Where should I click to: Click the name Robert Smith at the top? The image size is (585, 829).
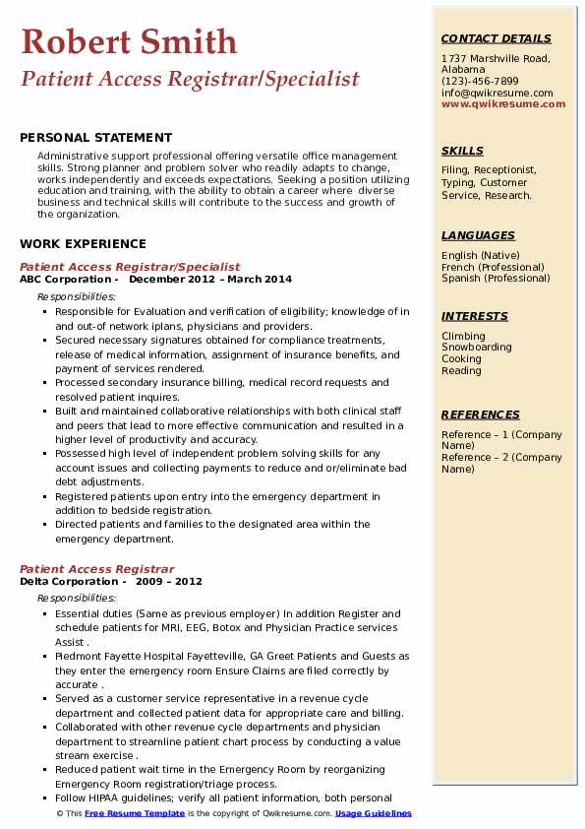pos(129,41)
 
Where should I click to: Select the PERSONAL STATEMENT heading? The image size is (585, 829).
pos(95,138)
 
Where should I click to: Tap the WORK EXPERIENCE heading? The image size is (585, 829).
pos(83,244)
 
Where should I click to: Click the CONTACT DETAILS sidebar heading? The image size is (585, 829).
pos(496,38)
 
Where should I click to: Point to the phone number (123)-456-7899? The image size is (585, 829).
pos(480,82)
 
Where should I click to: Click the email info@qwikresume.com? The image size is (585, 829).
pos(497,93)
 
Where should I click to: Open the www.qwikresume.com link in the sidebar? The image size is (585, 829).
pos(503,103)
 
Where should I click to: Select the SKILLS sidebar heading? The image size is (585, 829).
pos(462,151)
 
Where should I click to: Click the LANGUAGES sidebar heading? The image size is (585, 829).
pos(478,235)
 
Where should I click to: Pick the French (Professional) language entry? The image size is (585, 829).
pos(493,267)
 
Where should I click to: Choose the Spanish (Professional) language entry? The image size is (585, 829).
pos(495,278)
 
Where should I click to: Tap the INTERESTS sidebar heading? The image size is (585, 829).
pos(475,316)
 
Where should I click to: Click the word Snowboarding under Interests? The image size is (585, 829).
pos(477,348)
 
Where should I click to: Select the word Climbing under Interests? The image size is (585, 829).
pos(463,336)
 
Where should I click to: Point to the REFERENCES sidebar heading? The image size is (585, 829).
pos(480,414)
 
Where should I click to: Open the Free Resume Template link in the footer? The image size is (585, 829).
pos(135,814)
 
